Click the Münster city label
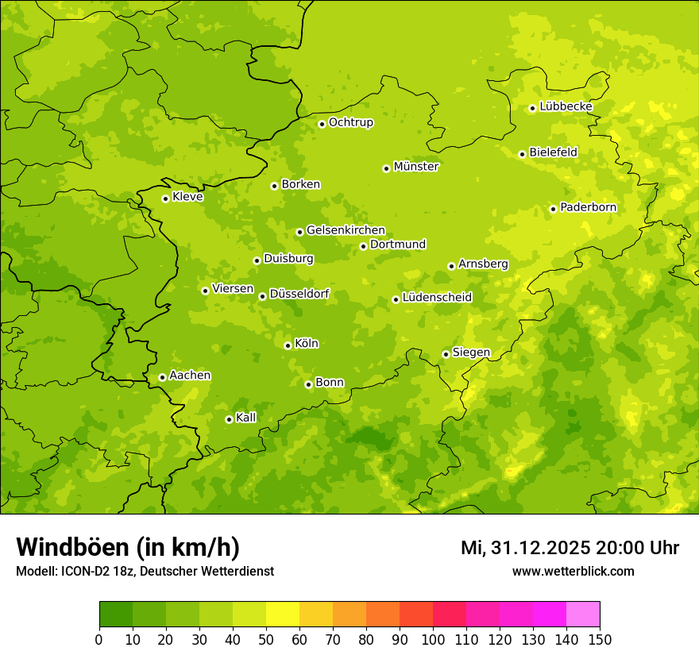coord(416,167)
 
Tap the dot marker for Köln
coord(288,345)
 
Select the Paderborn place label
coord(588,207)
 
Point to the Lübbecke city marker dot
coord(532,108)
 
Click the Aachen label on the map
coord(190,376)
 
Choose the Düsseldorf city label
coord(299,294)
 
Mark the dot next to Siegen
coord(446,354)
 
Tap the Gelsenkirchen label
coord(346,230)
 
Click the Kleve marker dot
coord(165,198)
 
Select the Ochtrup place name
coord(350,122)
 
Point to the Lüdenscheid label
coord(437,298)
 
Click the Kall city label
coord(246,418)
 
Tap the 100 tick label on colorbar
coord(433,639)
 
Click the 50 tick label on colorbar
coord(266,639)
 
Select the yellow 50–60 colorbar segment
coord(283,615)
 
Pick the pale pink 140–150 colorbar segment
coord(583,615)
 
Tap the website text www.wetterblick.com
coord(573,571)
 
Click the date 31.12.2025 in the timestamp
coord(538,548)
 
